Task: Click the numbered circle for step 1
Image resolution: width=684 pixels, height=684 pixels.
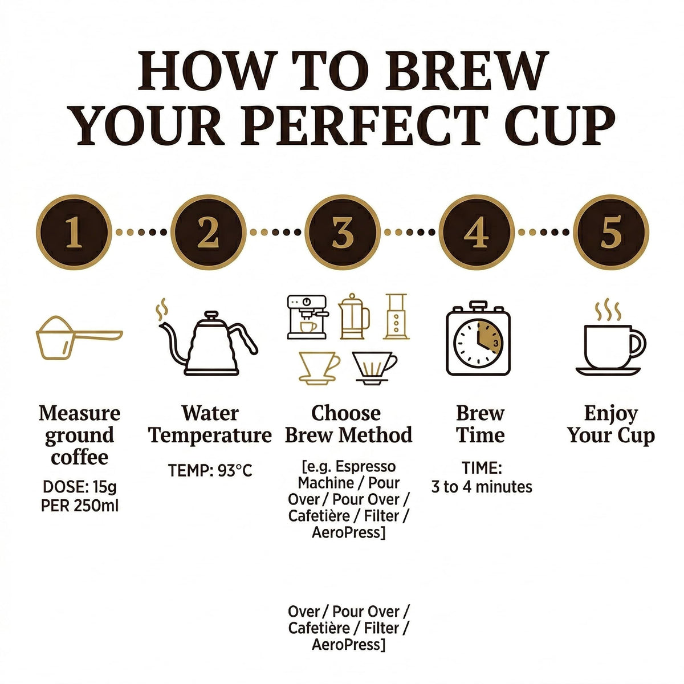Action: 74,232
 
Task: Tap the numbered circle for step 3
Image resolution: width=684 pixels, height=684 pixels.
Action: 343,232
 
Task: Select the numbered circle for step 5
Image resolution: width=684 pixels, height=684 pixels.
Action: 611,232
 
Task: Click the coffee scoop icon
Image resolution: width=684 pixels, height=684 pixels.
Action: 79,337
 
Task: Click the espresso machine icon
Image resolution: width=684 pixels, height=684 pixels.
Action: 307,317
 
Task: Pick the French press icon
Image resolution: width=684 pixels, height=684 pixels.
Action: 353,316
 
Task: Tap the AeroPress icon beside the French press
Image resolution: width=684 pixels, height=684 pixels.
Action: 396,316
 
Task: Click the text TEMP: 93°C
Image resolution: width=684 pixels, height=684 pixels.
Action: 210,470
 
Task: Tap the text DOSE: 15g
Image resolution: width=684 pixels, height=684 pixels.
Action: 79,487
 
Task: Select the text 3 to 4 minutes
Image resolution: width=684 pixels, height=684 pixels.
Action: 482,487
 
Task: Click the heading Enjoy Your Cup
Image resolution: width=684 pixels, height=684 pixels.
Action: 611,425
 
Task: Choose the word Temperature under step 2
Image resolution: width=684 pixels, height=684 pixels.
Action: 210,435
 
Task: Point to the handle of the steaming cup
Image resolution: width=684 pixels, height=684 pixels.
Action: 637,343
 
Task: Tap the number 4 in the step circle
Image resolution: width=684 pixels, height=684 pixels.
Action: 477,232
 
